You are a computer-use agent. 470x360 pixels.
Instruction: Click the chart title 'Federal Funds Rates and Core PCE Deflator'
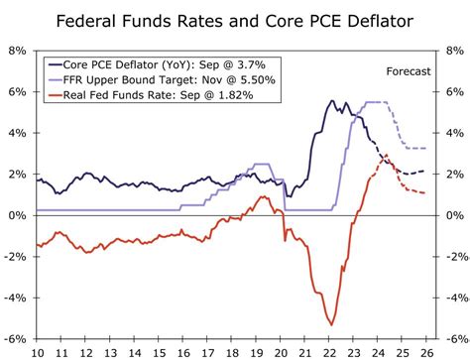tap(235, 20)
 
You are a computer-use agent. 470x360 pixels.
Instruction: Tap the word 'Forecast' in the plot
tap(408, 70)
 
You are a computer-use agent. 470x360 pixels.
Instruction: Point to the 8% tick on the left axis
tap(17, 51)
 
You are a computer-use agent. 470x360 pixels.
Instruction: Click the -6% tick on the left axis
tap(15, 338)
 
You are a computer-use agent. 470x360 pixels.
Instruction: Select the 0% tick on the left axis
tap(17, 215)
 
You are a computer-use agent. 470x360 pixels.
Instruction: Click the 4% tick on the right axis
tap(452, 133)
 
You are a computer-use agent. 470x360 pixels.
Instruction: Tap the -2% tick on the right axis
tap(451, 256)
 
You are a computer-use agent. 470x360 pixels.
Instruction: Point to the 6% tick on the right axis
tap(452, 91)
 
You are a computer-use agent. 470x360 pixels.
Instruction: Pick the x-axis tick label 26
tap(428, 352)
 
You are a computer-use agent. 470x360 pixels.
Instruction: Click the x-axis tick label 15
tap(159, 352)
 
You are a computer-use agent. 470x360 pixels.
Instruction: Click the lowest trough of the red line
tap(331, 324)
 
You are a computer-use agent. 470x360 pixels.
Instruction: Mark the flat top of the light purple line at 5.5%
tap(377, 102)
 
